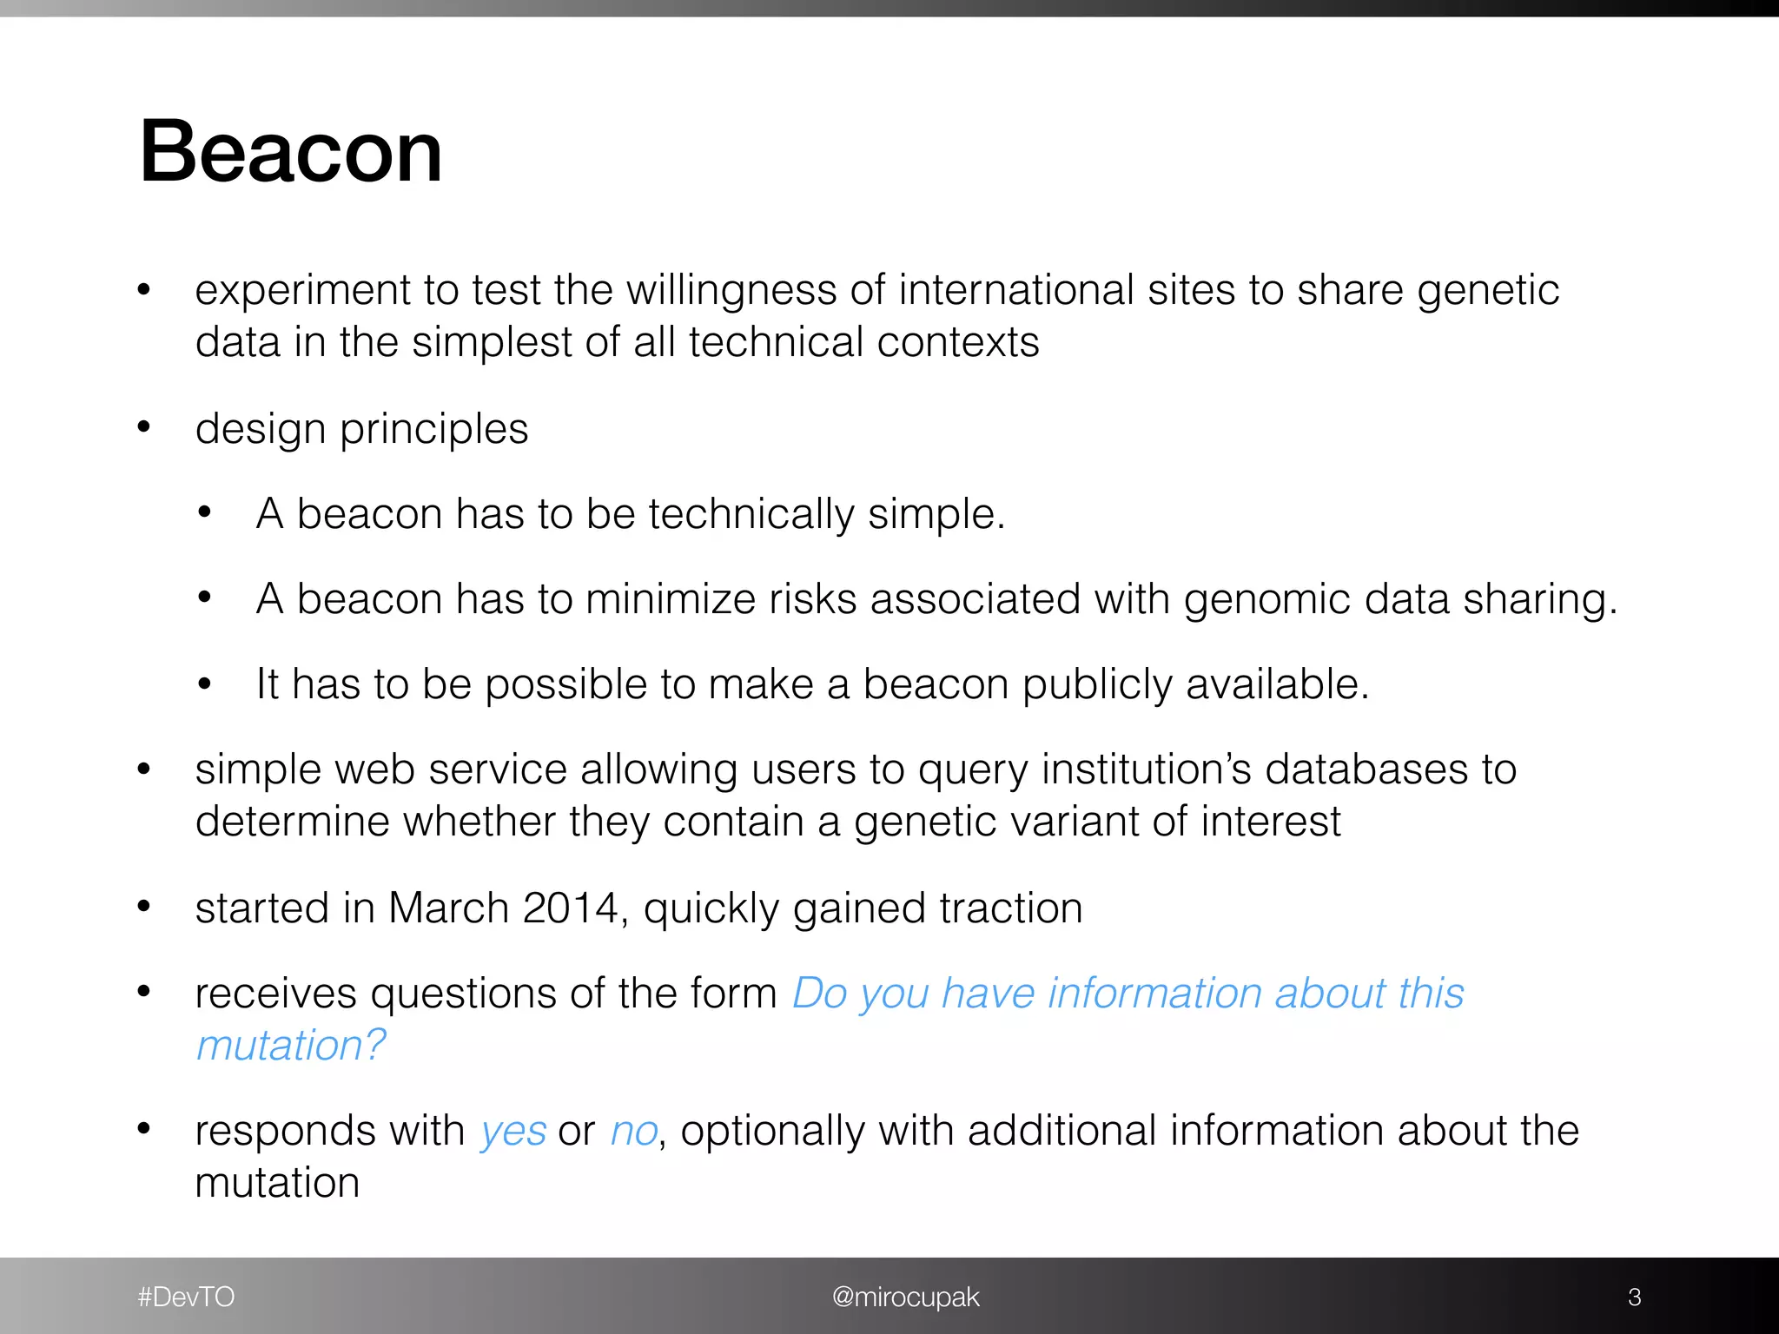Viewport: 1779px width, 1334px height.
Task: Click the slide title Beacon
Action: coord(291,152)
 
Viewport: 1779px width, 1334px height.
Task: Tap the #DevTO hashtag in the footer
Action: coord(186,1297)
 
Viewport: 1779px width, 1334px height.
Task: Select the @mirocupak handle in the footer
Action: coord(905,1297)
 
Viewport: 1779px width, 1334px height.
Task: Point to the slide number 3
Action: coord(1634,1297)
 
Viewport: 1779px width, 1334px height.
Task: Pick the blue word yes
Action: coord(513,1132)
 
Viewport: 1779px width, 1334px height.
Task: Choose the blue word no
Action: coord(633,1132)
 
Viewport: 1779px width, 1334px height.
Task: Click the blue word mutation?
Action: coord(291,1046)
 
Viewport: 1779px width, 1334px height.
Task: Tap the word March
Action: coord(448,908)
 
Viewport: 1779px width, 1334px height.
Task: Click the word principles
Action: coord(433,430)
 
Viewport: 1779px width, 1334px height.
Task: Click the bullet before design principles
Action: coord(144,427)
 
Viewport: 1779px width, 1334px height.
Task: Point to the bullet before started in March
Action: coord(144,907)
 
